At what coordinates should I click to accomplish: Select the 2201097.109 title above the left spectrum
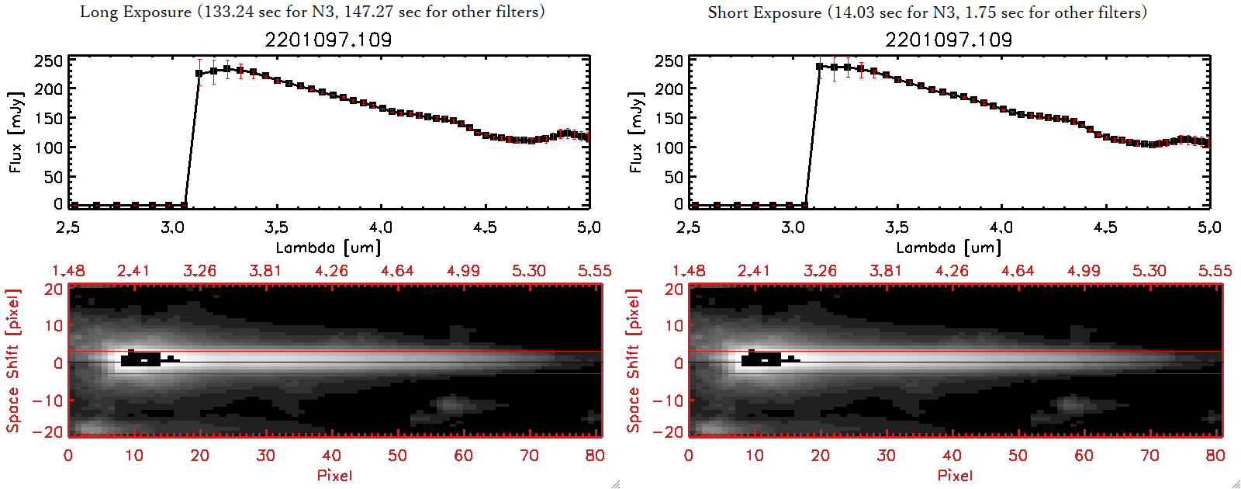(x=328, y=40)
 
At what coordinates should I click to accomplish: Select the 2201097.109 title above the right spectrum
(x=949, y=40)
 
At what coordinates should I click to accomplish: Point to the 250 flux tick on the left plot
(x=48, y=61)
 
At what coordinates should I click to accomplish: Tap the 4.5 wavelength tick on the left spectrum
(x=485, y=227)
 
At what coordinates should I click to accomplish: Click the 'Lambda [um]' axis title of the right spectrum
(x=949, y=248)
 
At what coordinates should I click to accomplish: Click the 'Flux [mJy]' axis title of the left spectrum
(x=16, y=132)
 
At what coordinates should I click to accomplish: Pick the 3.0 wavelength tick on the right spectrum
(x=793, y=227)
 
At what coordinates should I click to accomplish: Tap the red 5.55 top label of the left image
(x=594, y=271)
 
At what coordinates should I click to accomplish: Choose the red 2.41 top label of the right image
(x=754, y=271)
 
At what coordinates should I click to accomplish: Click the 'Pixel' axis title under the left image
(x=334, y=475)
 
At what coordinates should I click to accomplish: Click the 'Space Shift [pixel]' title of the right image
(x=634, y=360)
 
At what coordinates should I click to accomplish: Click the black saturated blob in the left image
(x=140, y=359)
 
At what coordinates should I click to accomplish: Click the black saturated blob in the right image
(x=761, y=359)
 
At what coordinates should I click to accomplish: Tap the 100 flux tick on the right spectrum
(x=669, y=147)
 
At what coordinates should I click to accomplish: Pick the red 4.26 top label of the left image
(x=331, y=271)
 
